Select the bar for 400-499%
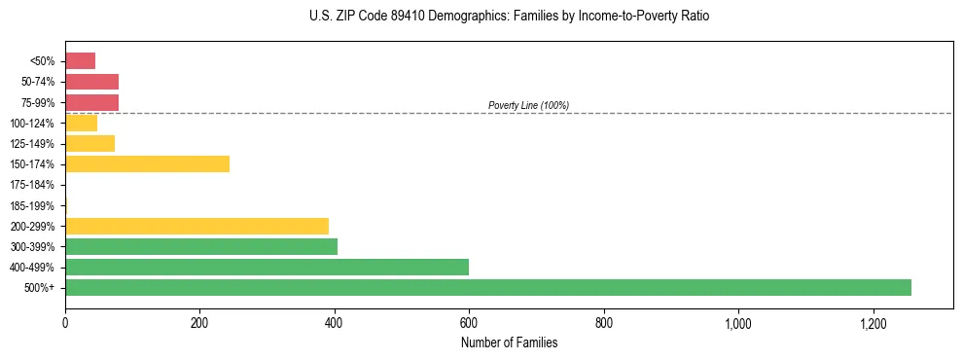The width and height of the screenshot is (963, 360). (x=267, y=267)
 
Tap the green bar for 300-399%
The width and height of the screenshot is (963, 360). (x=201, y=246)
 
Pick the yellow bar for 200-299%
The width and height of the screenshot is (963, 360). (x=196, y=226)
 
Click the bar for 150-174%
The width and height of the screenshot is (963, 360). (x=147, y=163)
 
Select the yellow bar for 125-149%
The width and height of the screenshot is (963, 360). (x=89, y=143)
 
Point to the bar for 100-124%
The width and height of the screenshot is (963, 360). (x=81, y=123)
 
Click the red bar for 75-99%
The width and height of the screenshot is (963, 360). (x=91, y=102)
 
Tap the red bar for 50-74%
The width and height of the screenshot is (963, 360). (x=91, y=82)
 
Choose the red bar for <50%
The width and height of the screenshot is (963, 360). (x=80, y=60)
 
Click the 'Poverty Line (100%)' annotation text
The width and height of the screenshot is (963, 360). (x=528, y=105)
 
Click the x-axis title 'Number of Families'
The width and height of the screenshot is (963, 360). (x=509, y=342)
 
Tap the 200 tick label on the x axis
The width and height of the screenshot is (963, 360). (x=199, y=323)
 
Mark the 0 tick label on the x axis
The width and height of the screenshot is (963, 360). (x=65, y=323)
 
